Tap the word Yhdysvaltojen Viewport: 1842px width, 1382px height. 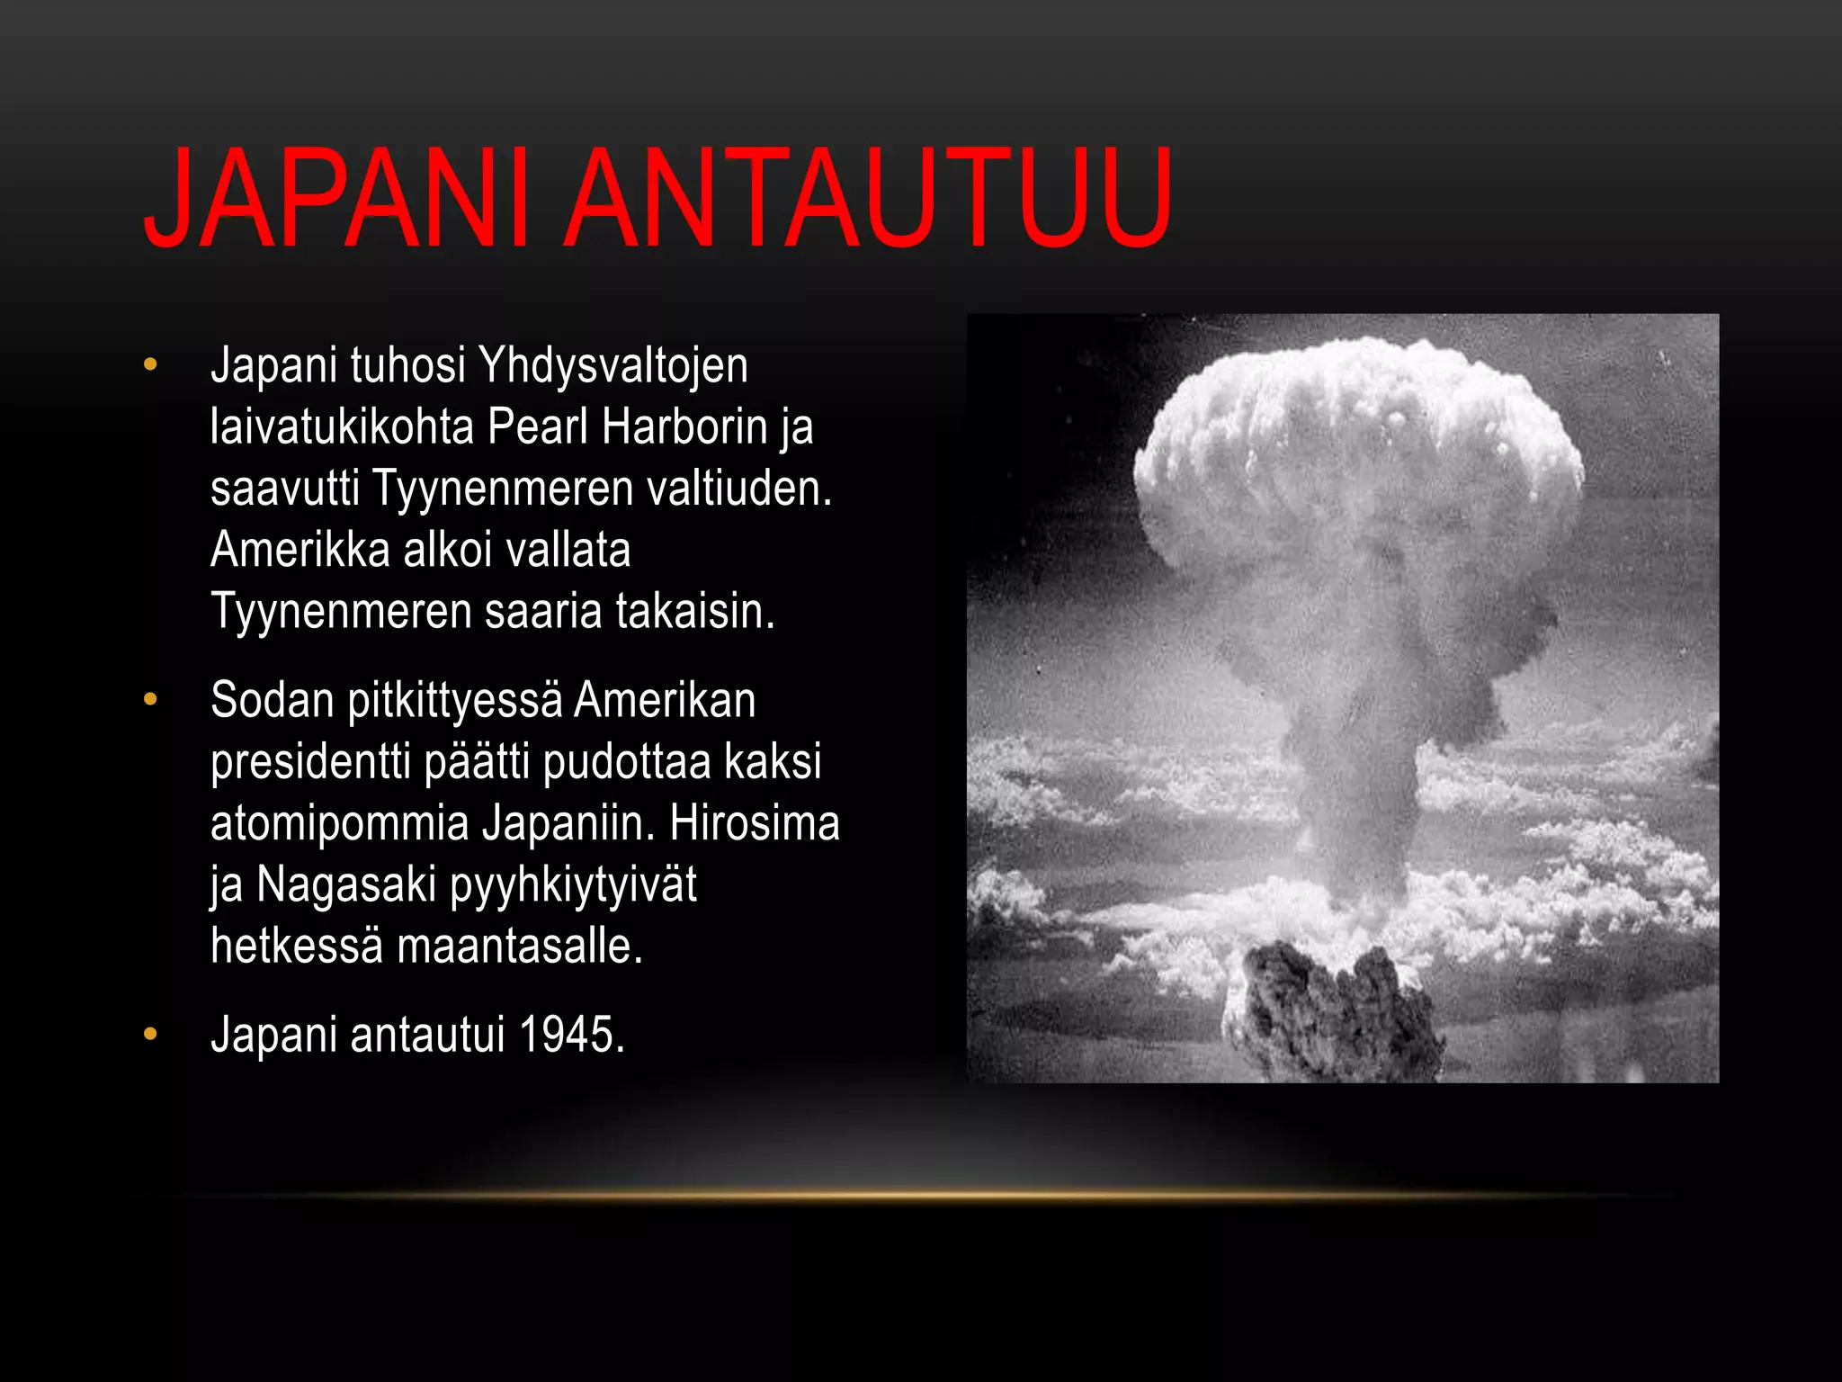click(x=613, y=366)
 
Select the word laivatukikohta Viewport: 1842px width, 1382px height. click(x=342, y=426)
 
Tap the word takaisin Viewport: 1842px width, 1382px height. click(x=694, y=611)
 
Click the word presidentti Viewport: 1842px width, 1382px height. click(x=311, y=762)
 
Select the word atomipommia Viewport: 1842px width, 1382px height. click(x=340, y=823)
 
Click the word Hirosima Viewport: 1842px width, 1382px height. click(x=754, y=823)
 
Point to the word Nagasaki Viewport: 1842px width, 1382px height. click(x=346, y=884)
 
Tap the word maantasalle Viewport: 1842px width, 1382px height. click(x=520, y=946)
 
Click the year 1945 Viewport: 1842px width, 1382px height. click(x=571, y=1035)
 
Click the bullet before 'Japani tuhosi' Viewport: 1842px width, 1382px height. click(x=150, y=364)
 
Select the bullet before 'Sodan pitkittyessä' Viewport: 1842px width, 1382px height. click(x=150, y=699)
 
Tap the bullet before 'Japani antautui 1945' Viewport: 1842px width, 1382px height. click(x=150, y=1034)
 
